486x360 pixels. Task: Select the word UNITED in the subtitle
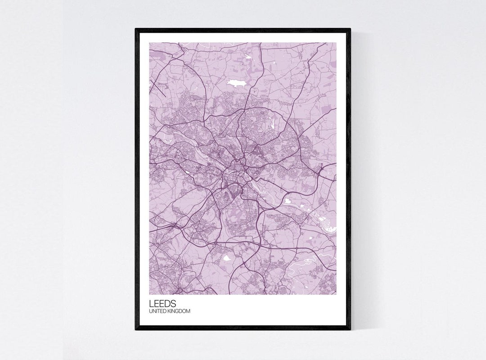[x=157, y=311]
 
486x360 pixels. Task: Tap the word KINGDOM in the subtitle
[x=179, y=311]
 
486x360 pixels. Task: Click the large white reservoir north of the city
[x=236, y=83]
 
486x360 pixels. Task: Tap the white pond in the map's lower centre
[x=226, y=258]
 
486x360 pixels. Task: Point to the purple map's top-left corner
[x=150, y=43]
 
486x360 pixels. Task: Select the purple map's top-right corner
[x=336, y=43]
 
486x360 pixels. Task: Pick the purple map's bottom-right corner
[x=336, y=294]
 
